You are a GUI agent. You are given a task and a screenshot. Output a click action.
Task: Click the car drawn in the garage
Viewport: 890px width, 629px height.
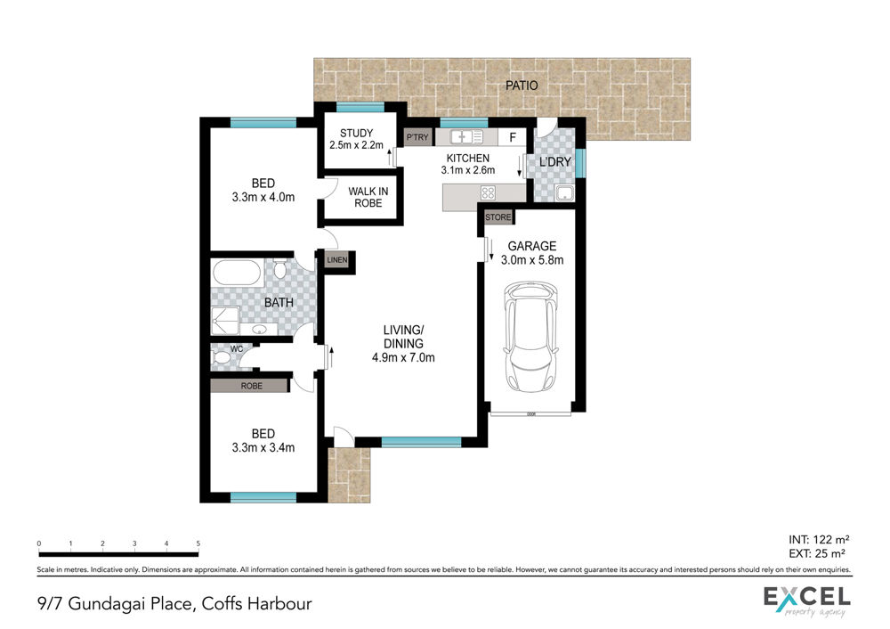point(531,337)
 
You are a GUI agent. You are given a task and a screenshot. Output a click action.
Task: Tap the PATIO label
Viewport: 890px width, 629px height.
point(522,86)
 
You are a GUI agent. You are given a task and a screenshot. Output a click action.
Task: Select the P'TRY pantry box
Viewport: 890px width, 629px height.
point(417,137)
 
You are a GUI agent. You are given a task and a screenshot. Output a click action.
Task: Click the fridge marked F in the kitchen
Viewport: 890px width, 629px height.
point(513,137)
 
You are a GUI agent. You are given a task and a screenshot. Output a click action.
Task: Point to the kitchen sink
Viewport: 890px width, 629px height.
point(466,137)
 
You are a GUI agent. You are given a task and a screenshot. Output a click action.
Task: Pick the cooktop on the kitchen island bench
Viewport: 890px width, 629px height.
point(488,192)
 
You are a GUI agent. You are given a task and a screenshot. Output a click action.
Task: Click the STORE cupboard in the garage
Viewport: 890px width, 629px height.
point(498,217)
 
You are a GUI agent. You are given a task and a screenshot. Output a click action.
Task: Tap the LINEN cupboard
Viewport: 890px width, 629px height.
point(336,259)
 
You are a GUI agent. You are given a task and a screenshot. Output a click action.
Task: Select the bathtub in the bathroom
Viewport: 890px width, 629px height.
point(237,273)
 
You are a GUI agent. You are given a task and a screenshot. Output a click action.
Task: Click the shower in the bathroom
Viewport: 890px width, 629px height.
point(226,321)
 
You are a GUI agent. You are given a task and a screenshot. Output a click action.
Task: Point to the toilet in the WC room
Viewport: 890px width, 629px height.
point(221,357)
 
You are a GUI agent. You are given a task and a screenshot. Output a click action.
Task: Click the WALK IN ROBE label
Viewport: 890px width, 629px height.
point(368,197)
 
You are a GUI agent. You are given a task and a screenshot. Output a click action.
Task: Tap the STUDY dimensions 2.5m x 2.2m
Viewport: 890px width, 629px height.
point(357,145)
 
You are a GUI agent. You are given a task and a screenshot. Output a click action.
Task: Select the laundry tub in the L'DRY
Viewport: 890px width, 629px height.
point(564,192)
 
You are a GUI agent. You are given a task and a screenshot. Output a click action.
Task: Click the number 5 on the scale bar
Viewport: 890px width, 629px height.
point(198,543)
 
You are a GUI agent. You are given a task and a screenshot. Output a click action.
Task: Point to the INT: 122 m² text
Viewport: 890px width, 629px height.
point(819,539)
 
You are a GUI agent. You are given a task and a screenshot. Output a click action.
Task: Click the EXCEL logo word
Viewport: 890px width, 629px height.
point(806,597)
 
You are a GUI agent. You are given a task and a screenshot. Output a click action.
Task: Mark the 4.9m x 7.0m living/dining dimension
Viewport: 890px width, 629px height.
point(403,357)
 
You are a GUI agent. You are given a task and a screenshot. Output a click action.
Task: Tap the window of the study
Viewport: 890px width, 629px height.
point(360,107)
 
